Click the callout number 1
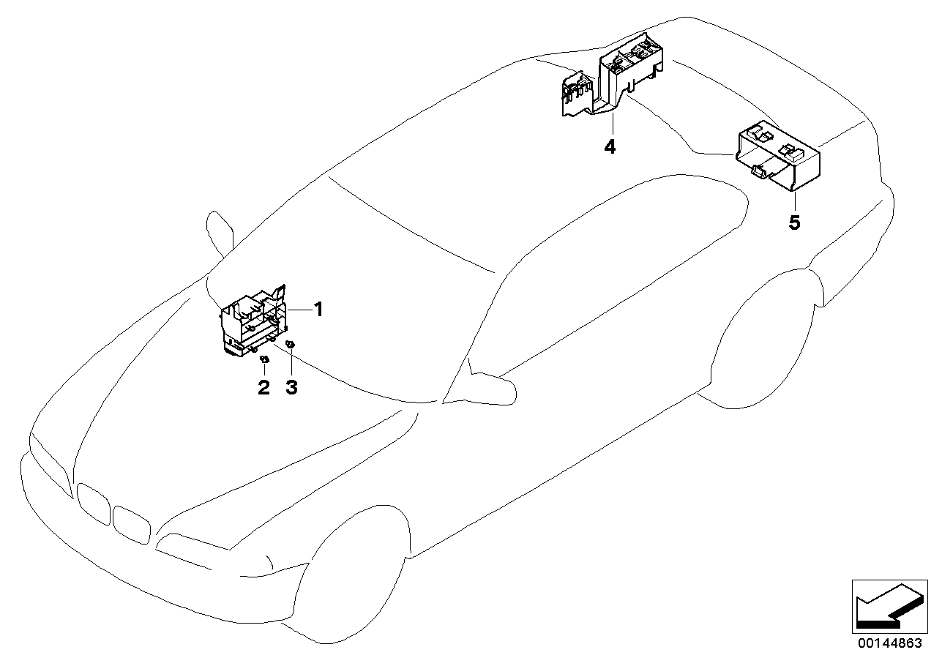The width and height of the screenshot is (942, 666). pyautogui.click(x=318, y=310)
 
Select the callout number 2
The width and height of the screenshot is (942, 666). pyautogui.click(x=263, y=388)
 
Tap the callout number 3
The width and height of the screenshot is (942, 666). pyautogui.click(x=291, y=388)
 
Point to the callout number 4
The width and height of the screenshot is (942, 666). pyautogui.click(x=610, y=147)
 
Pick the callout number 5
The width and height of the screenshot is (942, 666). pyautogui.click(x=794, y=222)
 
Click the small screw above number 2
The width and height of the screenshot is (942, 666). pyautogui.click(x=265, y=359)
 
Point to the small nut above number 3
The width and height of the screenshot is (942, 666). pyautogui.click(x=291, y=344)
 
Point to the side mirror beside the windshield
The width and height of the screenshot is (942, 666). pyautogui.click(x=220, y=231)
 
